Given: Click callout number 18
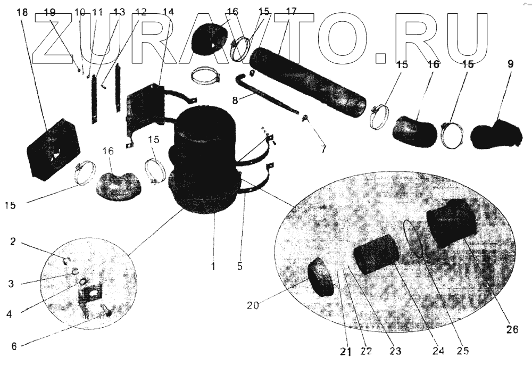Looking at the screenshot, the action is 22,12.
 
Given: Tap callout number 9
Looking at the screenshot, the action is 510,64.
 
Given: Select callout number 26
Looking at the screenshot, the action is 512,329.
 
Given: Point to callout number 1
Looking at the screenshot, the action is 213,267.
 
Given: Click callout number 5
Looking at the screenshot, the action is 240,267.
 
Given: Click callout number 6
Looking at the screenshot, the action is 14,346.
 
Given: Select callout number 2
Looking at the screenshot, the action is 13,242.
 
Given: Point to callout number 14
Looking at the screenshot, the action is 168,12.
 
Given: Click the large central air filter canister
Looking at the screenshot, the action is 203,160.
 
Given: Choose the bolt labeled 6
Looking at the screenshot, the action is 106,311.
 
